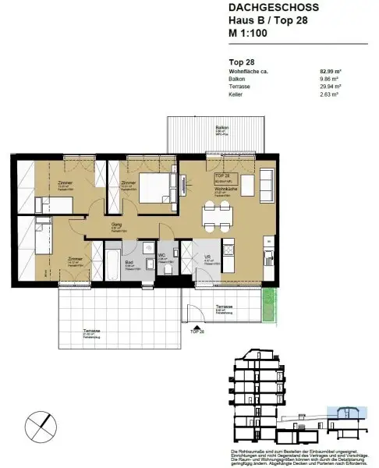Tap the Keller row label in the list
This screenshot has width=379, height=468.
point(236,94)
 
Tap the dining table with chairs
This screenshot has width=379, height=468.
point(216,214)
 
